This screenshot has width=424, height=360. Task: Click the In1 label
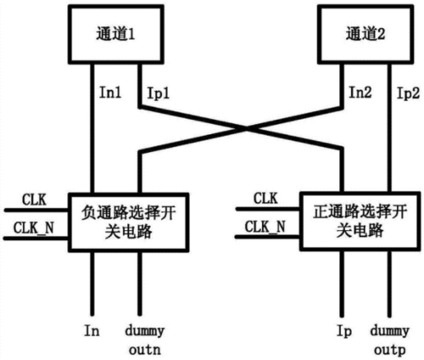click(x=110, y=92)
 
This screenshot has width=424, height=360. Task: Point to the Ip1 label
click(x=159, y=93)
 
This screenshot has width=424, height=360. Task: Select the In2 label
click(x=360, y=92)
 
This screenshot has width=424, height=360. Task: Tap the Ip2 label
click(x=408, y=93)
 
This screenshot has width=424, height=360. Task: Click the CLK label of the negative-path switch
click(x=35, y=200)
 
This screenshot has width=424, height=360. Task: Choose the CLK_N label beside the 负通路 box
click(x=34, y=228)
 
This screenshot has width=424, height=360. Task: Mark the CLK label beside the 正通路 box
click(x=265, y=198)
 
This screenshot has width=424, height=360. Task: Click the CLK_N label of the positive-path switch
click(x=265, y=227)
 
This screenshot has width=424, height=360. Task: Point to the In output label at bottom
click(x=91, y=330)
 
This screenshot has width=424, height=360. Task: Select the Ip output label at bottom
click(x=344, y=331)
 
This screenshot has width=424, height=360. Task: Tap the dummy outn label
click(x=145, y=340)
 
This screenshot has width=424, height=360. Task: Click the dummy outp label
click(x=389, y=340)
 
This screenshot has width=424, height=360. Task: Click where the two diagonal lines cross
click(x=247, y=128)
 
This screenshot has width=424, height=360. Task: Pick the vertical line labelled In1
click(x=92, y=128)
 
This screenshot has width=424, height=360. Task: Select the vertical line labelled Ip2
click(x=389, y=127)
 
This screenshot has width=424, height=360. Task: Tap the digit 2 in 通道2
click(x=381, y=35)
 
